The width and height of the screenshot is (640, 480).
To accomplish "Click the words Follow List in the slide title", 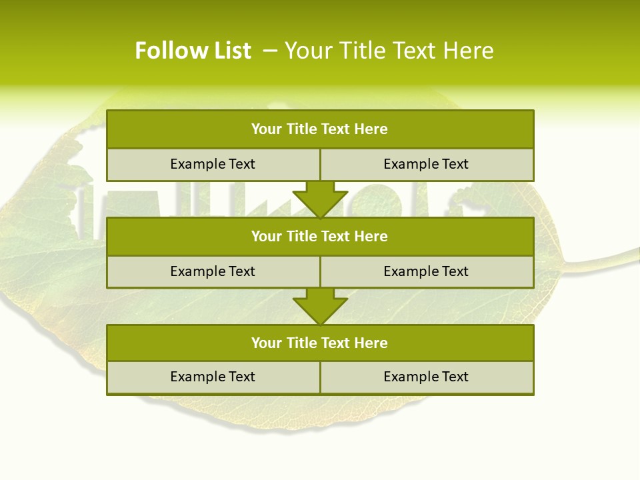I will point(193,51).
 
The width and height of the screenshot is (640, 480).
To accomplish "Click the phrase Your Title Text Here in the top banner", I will point(389,51).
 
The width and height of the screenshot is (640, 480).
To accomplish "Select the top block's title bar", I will point(320,129).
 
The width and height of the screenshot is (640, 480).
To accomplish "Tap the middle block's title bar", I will point(320,236).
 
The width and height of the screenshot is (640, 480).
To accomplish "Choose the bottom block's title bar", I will point(320,343).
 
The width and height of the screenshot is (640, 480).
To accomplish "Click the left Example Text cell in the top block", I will point(213,164).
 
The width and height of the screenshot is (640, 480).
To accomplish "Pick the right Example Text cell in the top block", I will point(426,164).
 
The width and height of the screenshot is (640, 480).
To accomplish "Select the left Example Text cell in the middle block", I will point(213,271).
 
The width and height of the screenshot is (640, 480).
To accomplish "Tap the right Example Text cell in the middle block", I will point(426,271).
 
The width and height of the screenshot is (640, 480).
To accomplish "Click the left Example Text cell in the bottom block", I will point(213,377).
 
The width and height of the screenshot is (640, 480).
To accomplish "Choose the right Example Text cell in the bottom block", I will point(426,377).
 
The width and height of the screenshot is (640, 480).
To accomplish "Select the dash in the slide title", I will point(271,51).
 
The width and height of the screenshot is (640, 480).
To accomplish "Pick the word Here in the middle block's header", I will point(371,236).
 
